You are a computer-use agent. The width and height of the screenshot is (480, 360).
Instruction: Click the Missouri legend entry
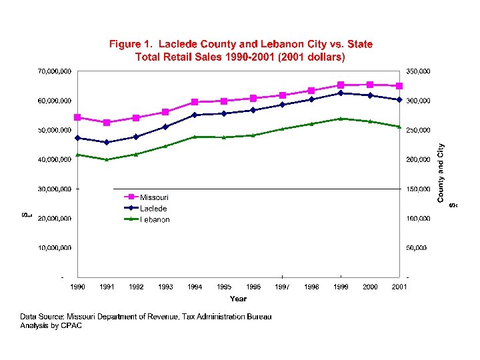(x=154, y=197)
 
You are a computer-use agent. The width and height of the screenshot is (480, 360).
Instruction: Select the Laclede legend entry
(x=153, y=208)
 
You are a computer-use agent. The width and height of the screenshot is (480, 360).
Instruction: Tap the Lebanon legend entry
(x=154, y=219)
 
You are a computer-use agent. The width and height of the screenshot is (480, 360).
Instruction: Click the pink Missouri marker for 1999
(x=341, y=85)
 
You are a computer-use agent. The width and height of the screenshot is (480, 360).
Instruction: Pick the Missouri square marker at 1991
(x=107, y=122)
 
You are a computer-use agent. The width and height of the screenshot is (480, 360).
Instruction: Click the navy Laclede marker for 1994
(x=195, y=115)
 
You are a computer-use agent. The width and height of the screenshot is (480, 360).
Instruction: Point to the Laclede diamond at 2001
(x=399, y=100)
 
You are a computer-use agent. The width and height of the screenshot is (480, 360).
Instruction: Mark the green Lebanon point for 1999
(x=341, y=119)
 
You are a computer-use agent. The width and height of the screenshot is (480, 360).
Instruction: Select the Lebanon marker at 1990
(x=77, y=155)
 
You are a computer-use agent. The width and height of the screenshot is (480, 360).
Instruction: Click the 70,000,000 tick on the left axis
(x=54, y=71)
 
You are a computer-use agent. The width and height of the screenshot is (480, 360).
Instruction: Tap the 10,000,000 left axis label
(x=54, y=248)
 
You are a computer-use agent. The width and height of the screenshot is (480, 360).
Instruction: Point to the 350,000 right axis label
(x=419, y=71)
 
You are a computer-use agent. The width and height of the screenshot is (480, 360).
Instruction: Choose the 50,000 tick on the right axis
(x=417, y=248)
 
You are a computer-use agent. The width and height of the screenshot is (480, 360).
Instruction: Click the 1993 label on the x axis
(x=165, y=287)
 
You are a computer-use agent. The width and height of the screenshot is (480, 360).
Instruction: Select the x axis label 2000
(x=370, y=287)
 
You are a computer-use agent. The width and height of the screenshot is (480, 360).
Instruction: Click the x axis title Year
(x=238, y=299)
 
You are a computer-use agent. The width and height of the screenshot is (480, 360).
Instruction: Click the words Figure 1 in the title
(x=129, y=44)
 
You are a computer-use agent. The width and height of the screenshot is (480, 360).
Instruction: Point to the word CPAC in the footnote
(x=71, y=326)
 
